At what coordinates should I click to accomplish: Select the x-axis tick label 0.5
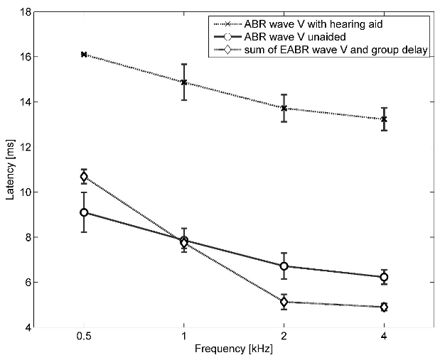click(x=84, y=338)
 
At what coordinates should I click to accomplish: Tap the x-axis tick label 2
click(x=284, y=338)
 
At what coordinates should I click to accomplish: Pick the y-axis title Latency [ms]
click(x=9, y=170)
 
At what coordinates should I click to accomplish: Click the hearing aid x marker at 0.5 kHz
click(x=84, y=54)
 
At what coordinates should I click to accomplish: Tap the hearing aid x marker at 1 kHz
click(x=184, y=82)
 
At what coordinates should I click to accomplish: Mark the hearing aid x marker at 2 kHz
click(x=284, y=109)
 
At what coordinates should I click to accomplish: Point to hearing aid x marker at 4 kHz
click(x=385, y=119)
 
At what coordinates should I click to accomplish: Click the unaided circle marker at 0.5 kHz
click(x=84, y=212)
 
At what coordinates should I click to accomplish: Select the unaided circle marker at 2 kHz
click(x=284, y=266)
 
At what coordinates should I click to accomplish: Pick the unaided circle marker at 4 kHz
click(x=385, y=277)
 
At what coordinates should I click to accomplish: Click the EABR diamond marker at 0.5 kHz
click(x=84, y=177)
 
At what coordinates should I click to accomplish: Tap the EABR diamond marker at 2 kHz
click(x=284, y=302)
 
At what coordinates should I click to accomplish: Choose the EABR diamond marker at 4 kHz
click(x=385, y=307)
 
